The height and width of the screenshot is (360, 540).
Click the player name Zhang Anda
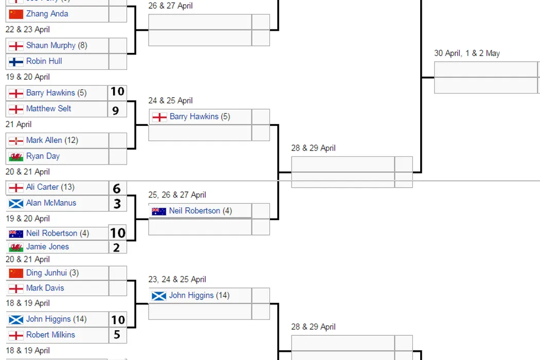(47, 14)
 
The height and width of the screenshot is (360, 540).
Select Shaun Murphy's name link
(50, 45)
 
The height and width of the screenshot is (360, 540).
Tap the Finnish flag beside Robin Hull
(16, 61)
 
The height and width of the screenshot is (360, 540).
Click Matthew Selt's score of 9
(117, 109)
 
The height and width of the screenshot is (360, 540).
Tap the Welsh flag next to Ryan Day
(16, 156)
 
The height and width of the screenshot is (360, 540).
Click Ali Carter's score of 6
(117, 188)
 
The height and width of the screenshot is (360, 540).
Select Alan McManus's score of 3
(117, 203)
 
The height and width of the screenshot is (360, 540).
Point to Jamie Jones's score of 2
(117, 247)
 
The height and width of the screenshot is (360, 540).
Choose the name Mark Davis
(45, 288)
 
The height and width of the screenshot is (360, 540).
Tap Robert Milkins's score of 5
(117, 335)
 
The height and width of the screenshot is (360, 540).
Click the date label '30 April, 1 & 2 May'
(466, 53)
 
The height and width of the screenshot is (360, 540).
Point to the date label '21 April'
(19, 124)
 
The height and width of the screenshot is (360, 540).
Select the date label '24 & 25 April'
(170, 100)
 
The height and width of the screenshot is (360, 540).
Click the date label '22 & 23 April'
(28, 29)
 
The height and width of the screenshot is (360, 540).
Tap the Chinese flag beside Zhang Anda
(16, 14)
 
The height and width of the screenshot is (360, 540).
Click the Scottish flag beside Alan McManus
(16, 203)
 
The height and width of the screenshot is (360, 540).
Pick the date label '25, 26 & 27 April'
(177, 194)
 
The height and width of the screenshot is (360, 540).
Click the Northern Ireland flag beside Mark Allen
(16, 140)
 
